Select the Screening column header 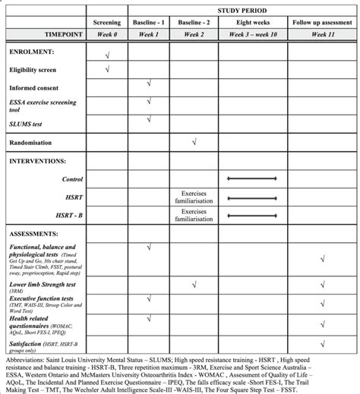click(x=106, y=23)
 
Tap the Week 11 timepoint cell click(x=324, y=35)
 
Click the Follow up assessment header click(x=324, y=23)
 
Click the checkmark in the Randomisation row click(x=195, y=141)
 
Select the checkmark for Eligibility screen click(x=106, y=69)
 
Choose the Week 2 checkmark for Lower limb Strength click(x=195, y=284)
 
